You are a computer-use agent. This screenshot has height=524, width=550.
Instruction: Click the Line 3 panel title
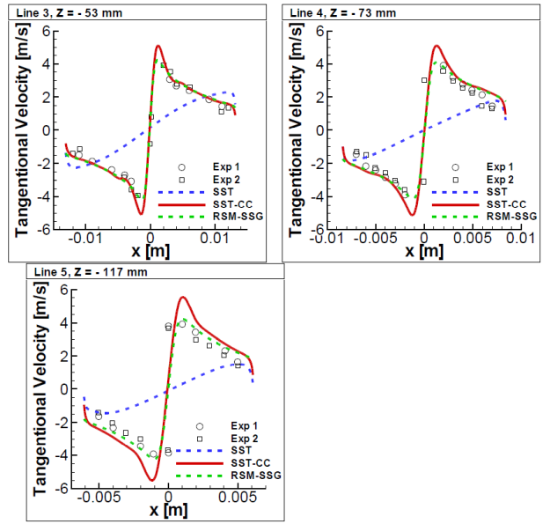click(x=61, y=12)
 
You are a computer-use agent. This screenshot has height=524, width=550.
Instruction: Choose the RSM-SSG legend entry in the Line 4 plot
click(x=481, y=214)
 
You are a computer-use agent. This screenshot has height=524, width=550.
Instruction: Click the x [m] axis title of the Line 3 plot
click(x=150, y=251)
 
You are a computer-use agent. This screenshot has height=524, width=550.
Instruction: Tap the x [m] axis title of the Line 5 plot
click(x=167, y=509)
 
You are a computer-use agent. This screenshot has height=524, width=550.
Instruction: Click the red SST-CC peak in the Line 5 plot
click(x=183, y=297)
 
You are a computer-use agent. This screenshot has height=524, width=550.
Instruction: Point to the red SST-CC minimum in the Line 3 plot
click(x=142, y=214)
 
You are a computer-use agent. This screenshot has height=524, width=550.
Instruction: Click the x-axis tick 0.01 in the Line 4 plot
click(x=520, y=239)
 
